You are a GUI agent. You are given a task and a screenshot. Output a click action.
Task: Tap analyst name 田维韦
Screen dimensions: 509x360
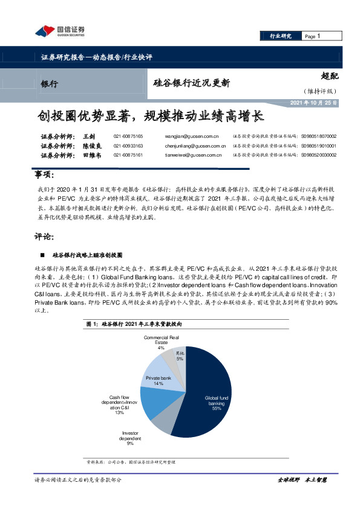click(x=91, y=155)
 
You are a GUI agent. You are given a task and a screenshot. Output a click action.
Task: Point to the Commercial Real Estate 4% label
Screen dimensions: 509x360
click(x=161, y=342)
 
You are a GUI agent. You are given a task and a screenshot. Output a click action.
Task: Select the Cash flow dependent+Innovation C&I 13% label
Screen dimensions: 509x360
click(x=119, y=404)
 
